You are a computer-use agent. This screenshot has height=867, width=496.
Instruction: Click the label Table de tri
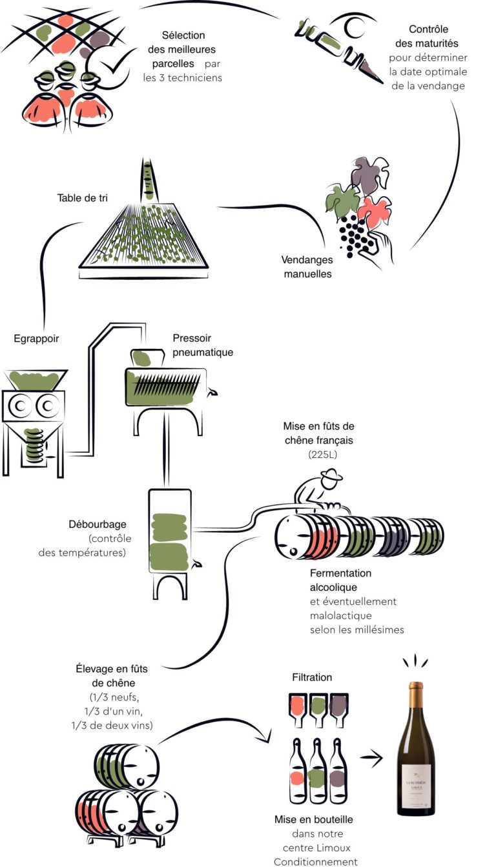coord(83,197)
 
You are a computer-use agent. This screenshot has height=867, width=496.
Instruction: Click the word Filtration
coord(312,677)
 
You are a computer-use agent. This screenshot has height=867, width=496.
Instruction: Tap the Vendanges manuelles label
coord(307,267)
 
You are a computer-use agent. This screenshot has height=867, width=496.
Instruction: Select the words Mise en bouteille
coord(314,820)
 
